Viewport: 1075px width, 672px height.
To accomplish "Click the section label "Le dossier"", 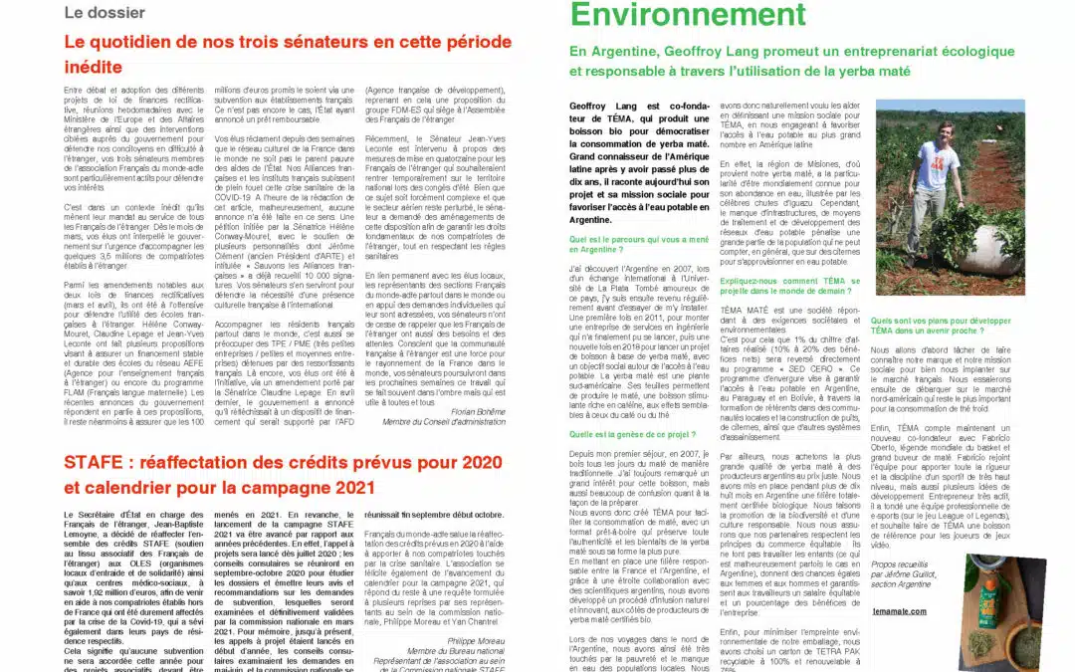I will (104, 13).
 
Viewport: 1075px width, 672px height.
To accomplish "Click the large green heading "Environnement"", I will (673, 15).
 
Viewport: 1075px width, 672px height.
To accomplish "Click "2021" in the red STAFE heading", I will (353, 488).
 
